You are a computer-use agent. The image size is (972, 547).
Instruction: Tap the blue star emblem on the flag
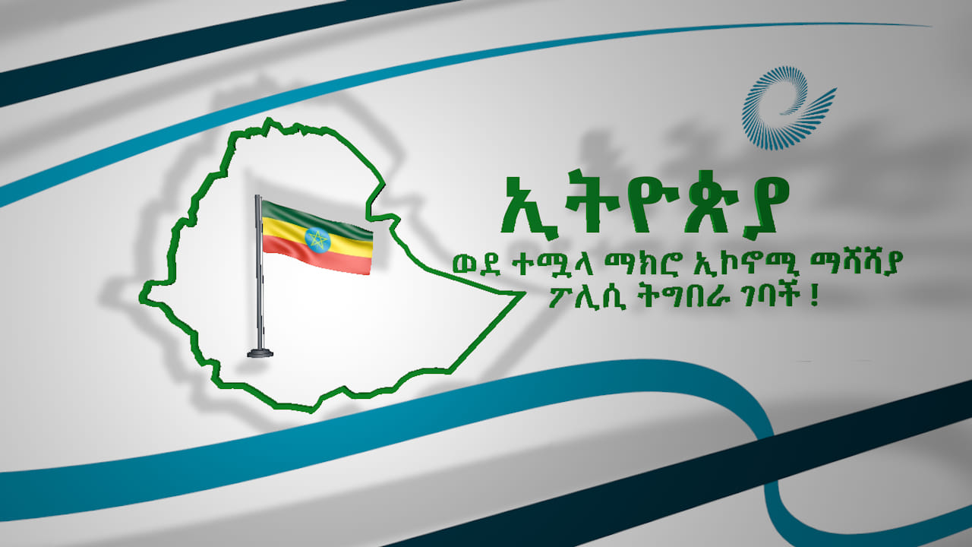(x=317, y=240)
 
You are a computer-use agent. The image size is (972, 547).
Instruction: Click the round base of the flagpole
(x=260, y=353)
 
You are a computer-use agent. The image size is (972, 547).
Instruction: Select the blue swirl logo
(x=787, y=107)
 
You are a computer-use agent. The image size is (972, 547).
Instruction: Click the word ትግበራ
(x=687, y=298)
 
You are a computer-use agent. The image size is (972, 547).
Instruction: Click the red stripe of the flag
(x=317, y=257)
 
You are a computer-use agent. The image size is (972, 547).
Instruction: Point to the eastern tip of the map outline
(x=525, y=294)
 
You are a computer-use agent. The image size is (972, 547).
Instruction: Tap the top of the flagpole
(x=257, y=197)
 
